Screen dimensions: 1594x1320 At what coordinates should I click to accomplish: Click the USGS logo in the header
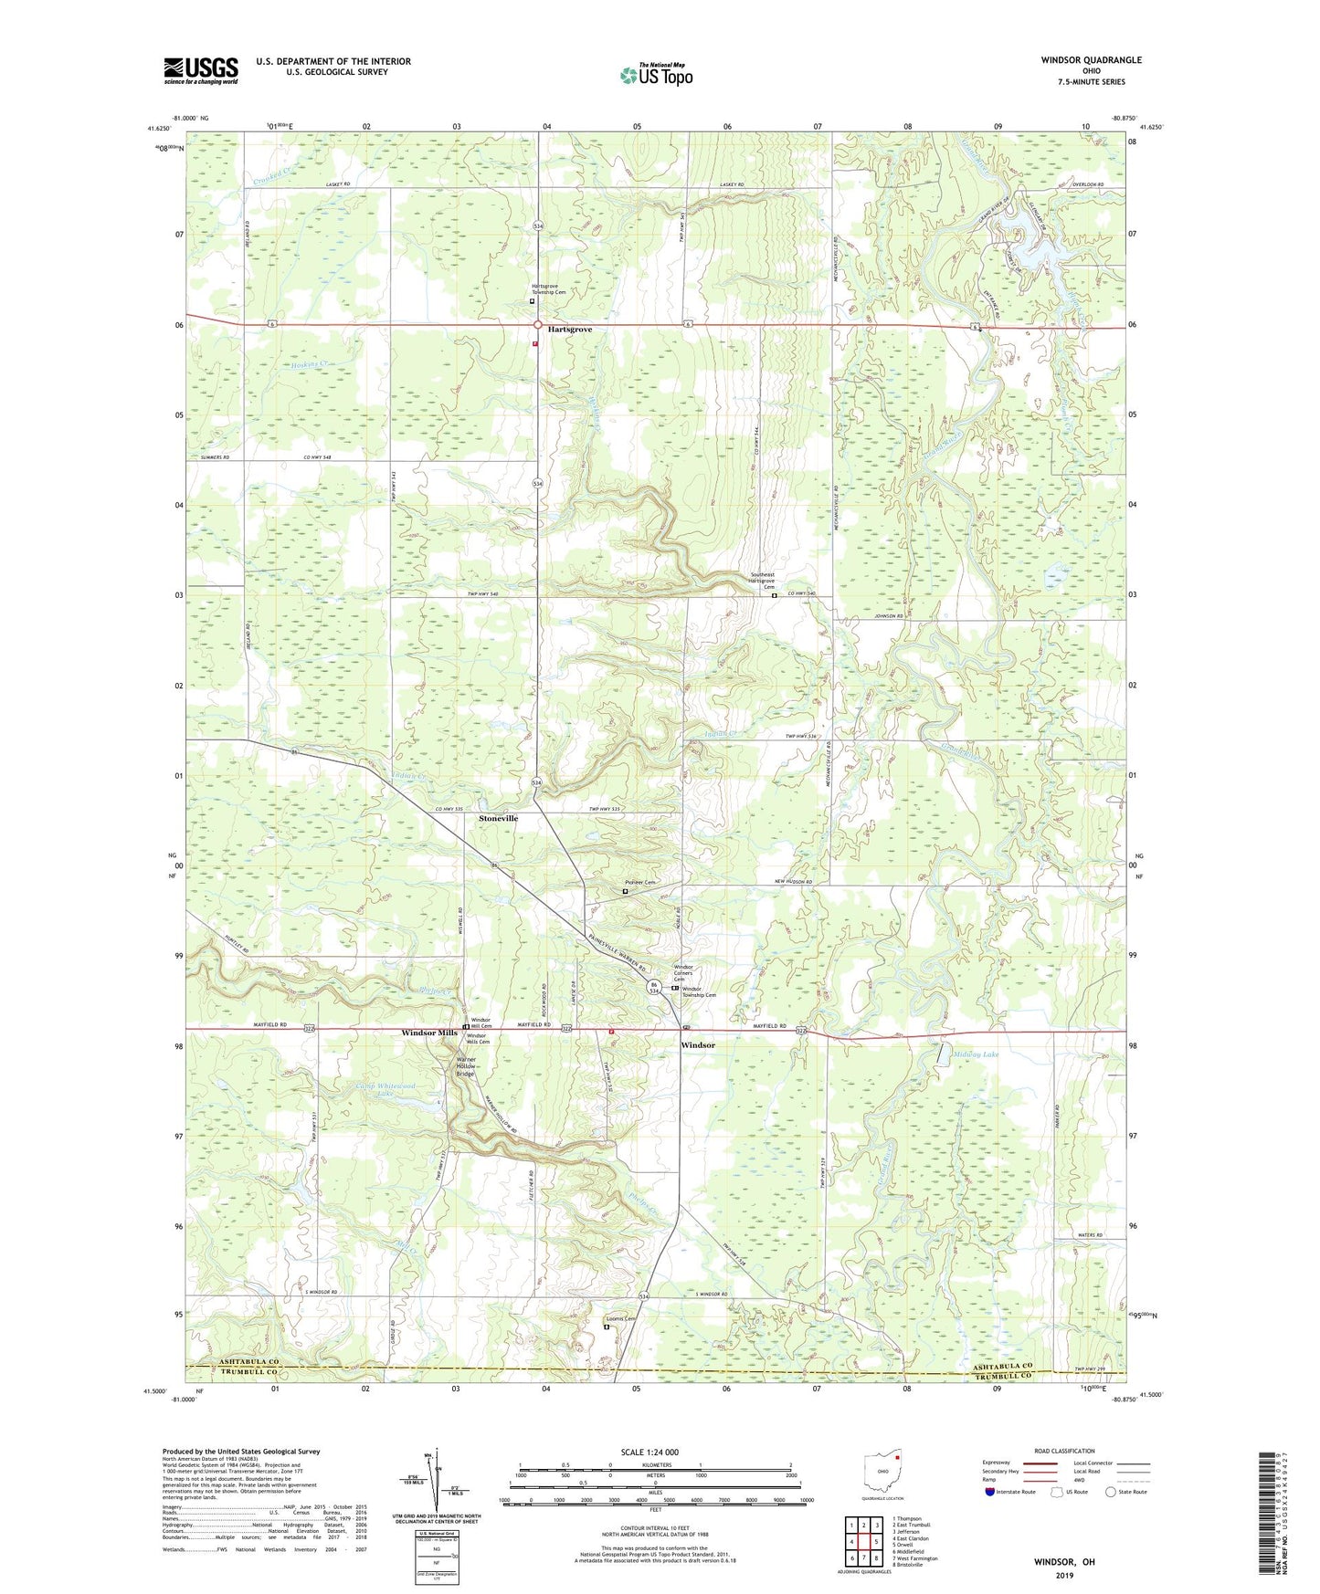(x=201, y=70)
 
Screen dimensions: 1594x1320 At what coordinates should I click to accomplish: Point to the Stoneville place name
(x=498, y=818)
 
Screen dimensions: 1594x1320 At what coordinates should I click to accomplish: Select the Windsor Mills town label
(x=429, y=1033)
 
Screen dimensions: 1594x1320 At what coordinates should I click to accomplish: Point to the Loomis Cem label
(x=620, y=1318)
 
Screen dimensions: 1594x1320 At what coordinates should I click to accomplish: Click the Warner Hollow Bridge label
(x=465, y=1066)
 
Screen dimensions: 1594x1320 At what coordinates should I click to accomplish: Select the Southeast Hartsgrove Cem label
(x=762, y=581)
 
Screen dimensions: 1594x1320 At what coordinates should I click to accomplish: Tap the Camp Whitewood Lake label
(x=384, y=1089)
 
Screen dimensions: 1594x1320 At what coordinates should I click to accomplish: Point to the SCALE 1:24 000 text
(x=654, y=1452)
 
